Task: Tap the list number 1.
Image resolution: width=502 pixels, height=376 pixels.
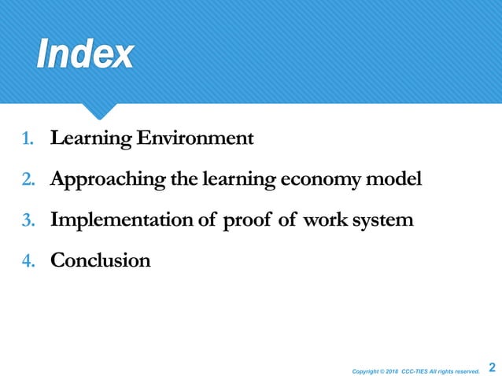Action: click(x=28, y=140)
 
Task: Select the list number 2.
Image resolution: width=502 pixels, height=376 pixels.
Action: click(x=28, y=180)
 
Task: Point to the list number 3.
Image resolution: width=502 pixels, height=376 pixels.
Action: click(x=28, y=220)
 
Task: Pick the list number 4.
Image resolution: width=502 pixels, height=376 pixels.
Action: click(x=28, y=260)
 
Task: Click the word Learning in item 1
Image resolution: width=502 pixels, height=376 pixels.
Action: click(x=89, y=140)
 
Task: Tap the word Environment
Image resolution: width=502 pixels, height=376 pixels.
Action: click(x=194, y=139)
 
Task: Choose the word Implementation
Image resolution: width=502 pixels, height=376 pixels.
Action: click(x=123, y=220)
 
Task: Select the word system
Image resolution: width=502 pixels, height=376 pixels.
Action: click(x=384, y=220)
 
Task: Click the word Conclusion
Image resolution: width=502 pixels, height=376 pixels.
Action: click(x=100, y=260)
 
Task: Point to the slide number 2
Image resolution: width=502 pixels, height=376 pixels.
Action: click(x=493, y=367)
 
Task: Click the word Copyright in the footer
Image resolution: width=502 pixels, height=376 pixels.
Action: click(x=367, y=368)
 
